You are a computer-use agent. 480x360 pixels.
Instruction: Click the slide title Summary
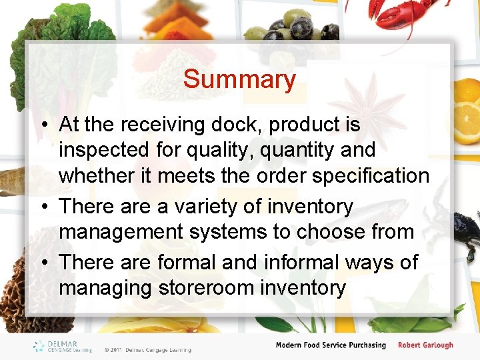(x=239, y=79)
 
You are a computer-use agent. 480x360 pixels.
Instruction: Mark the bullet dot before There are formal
(x=42, y=263)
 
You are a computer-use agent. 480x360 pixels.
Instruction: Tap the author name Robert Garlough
(x=425, y=345)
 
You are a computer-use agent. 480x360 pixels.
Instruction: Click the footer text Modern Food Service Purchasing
(x=331, y=345)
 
